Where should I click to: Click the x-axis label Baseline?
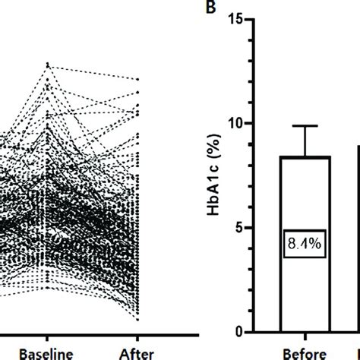pos(48,352)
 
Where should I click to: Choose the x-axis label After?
pos(139,352)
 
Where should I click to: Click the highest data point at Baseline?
pos(48,64)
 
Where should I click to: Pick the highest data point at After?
pos(139,78)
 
